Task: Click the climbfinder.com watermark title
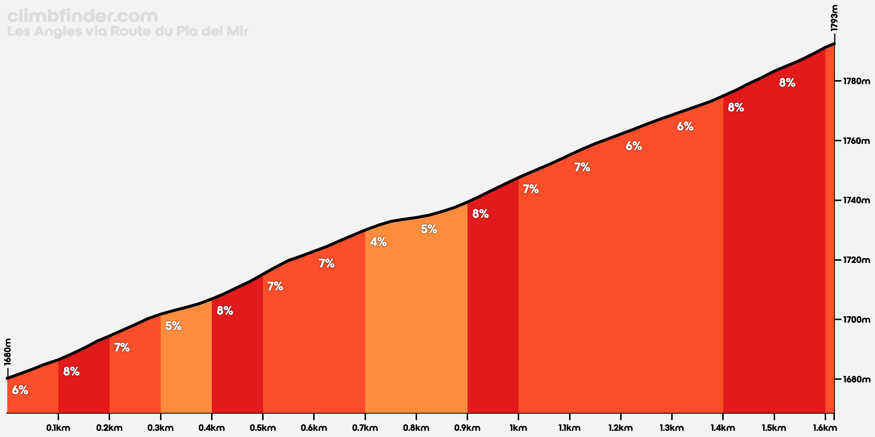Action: [83, 17]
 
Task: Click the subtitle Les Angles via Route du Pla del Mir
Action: [128, 32]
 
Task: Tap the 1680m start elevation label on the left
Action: [8, 352]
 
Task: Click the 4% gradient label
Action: [378, 242]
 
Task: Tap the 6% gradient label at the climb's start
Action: [20, 390]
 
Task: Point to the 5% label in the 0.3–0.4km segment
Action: [173, 326]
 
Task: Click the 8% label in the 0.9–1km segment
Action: [480, 214]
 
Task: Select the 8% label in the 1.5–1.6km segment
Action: [787, 83]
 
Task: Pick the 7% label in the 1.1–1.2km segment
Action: [582, 167]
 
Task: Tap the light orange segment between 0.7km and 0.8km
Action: [390, 328]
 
